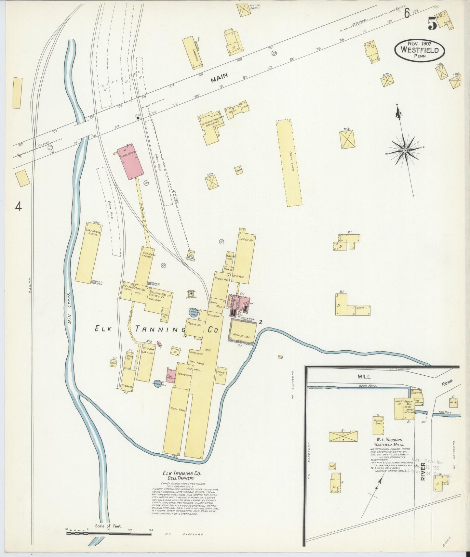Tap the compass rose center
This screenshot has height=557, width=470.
(405, 150)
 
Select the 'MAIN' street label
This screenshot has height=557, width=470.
(219, 78)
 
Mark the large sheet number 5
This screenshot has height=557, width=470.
(432, 23)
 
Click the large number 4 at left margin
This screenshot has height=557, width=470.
(19, 206)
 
